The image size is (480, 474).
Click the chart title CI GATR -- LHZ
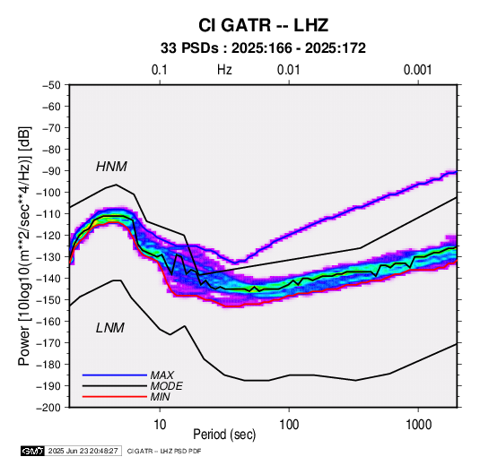263,25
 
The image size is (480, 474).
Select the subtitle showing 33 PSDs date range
263,48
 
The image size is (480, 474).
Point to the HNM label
111,167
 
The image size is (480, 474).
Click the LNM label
110,328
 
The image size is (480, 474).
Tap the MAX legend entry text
162,375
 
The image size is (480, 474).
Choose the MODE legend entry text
167,386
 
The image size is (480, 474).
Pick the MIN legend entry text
160,397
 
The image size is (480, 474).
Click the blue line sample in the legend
115,375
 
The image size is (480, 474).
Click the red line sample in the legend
115,397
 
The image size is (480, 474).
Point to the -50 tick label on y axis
51,85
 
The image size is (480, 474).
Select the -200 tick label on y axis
48,408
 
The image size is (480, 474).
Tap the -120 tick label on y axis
48,236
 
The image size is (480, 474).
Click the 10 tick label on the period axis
160,424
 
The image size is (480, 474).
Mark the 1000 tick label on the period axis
418,424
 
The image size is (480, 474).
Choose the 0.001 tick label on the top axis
417,70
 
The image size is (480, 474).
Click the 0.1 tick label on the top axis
160,70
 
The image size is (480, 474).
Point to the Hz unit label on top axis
224,70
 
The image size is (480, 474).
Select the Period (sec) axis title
224,435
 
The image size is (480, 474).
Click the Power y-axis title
25,246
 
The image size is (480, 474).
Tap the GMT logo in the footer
33,451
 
